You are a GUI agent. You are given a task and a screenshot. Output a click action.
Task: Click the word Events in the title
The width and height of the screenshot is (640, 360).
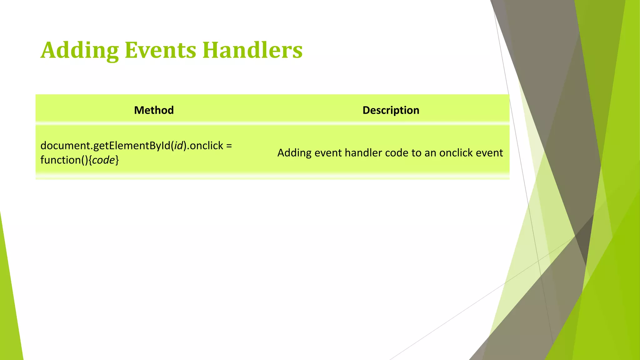[x=160, y=50]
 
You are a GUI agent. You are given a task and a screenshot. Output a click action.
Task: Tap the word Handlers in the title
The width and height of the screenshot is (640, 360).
[x=252, y=50]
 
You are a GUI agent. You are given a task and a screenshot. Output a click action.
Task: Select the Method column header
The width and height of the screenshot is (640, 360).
[x=154, y=110]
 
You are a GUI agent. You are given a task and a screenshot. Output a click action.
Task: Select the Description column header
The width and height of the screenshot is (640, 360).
[x=391, y=110]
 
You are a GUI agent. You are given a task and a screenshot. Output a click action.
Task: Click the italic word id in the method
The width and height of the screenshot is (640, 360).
[x=178, y=146]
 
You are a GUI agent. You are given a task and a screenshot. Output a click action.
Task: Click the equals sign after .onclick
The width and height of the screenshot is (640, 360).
[x=229, y=146]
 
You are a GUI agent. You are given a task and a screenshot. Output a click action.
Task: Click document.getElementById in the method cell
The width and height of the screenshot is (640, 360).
[x=105, y=146]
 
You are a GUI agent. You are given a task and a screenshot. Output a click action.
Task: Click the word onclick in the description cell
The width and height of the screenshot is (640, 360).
[x=456, y=153]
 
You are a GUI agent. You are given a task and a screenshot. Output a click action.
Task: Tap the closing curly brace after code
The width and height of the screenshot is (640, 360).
[x=117, y=160]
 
